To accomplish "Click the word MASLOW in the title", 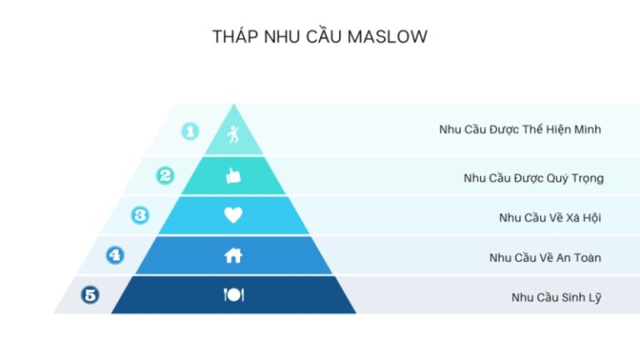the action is point(387,37).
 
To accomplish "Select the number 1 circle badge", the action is point(190,132).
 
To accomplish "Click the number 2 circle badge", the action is point(165,176).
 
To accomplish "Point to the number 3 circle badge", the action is point(140,215).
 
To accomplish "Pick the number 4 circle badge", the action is point(115,255).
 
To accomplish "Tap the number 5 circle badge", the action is point(90,295).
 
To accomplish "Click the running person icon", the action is point(233,134).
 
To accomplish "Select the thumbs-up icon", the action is point(233,176).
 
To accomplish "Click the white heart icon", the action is point(233,215).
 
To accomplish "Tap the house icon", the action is point(233,256).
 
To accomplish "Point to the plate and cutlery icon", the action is point(234,295).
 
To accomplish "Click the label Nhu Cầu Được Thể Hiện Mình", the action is point(520,129).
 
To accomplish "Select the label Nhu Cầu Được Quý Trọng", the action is point(533,178).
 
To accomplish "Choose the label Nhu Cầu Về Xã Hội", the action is point(550,217).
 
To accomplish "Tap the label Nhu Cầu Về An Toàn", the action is point(545,257).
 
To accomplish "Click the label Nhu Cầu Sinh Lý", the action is point(557,297).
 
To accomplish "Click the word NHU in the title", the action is point(282,37).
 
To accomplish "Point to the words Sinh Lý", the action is point(581,297).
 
